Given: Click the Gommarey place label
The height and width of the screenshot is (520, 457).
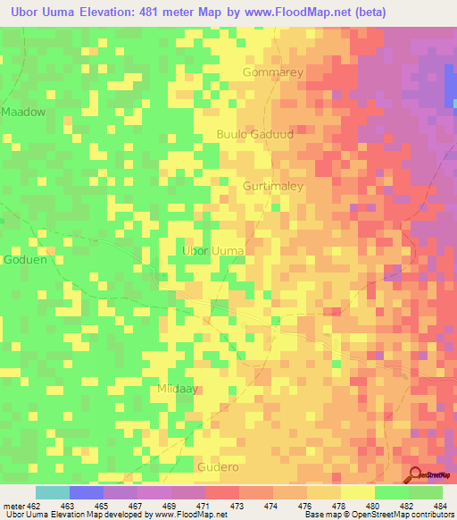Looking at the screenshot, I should [x=273, y=72].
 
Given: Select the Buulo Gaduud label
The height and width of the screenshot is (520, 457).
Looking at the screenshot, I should [x=254, y=134].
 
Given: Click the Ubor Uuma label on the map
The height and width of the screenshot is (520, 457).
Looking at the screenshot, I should [x=213, y=251].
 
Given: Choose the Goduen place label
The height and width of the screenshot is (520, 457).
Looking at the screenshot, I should [x=22, y=260].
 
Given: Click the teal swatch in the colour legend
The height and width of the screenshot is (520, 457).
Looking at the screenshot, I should [x=53, y=492].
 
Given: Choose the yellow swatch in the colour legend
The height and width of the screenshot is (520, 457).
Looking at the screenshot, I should [x=357, y=492].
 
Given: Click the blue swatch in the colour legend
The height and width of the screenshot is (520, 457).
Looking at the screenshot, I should [x=87, y=492].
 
